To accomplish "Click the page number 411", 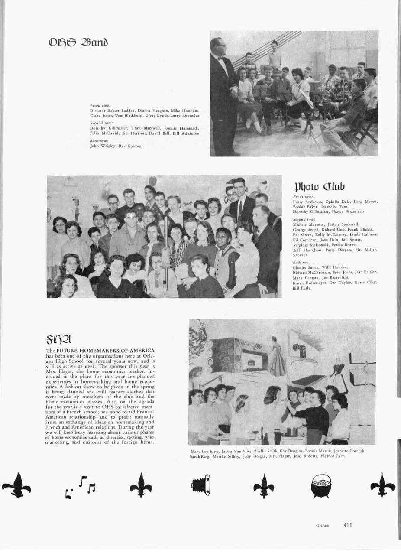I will coord(348,525).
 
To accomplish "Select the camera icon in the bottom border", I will coord(201,485).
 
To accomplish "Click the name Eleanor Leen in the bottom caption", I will coord(333,455).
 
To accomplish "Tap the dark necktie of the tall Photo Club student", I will coord(240,211).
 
